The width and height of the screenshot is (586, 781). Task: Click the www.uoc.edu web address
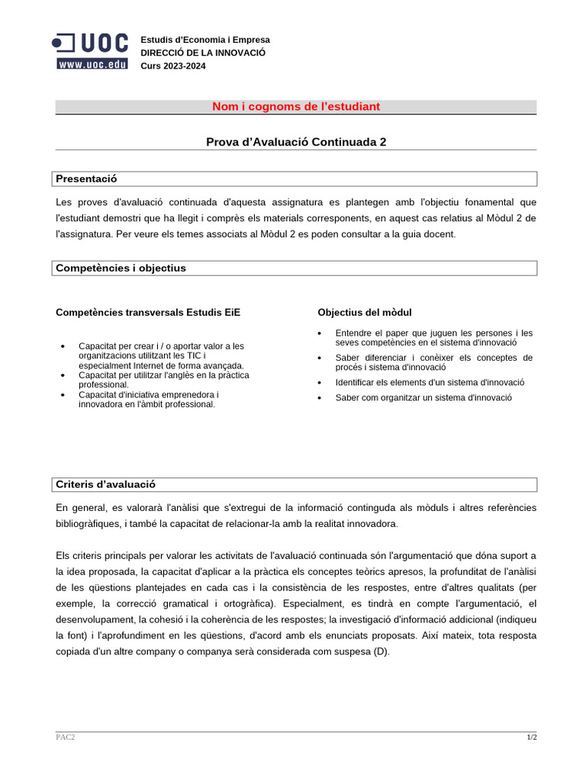tap(92, 65)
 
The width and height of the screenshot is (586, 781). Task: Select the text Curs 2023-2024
tap(172, 66)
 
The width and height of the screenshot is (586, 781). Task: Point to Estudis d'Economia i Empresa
tap(204, 40)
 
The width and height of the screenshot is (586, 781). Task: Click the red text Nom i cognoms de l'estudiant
tap(295, 107)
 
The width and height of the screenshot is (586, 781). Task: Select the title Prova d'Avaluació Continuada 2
tap(296, 142)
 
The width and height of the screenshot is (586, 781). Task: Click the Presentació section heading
tap(86, 178)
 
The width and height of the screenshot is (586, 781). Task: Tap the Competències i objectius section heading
tap(121, 268)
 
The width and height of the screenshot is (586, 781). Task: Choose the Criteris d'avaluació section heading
tap(105, 484)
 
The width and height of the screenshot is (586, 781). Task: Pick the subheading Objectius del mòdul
tap(365, 312)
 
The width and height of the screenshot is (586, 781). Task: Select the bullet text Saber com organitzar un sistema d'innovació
tap(423, 397)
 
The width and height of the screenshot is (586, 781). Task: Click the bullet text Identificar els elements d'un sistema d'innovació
tap(430, 382)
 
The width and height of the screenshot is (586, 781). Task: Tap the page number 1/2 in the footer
tap(531, 738)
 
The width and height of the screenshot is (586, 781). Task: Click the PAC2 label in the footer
tap(65, 738)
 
